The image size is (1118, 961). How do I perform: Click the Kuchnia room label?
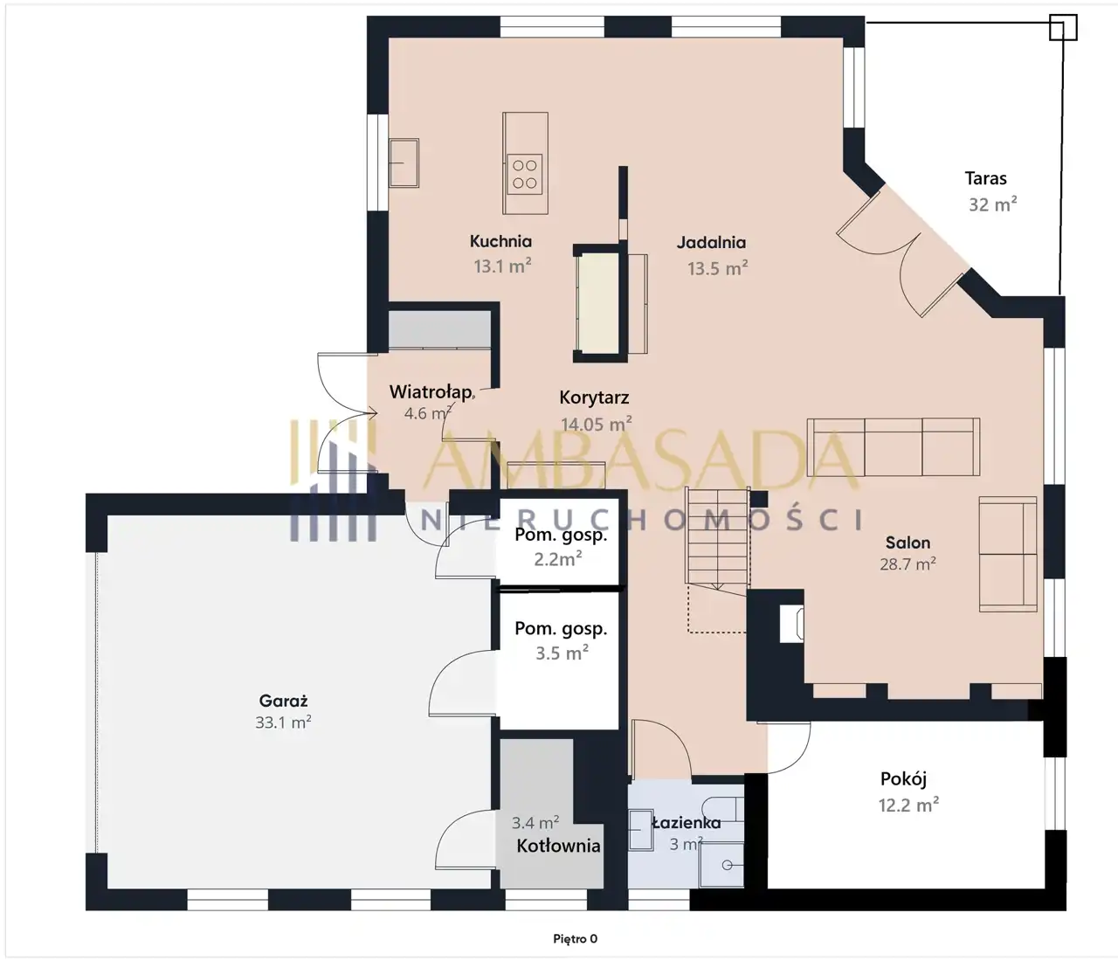(500, 241)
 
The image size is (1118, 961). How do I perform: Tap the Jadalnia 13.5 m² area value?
(717, 268)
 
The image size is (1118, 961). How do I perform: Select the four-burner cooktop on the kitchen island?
(525, 174)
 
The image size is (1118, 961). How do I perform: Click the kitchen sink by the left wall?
(404, 162)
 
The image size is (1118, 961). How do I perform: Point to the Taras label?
(985, 178)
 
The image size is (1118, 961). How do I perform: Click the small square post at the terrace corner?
(1063, 27)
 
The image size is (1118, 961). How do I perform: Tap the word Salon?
(908, 543)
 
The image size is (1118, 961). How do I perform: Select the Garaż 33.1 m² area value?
(283, 722)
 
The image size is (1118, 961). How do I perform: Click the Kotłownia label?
(558, 846)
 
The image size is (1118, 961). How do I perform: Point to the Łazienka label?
(687, 823)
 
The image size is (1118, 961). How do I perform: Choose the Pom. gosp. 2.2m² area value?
(557, 558)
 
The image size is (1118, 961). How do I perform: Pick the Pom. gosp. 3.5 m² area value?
(562, 653)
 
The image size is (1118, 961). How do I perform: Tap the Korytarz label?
(594, 398)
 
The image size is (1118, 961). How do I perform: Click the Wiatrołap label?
(431, 391)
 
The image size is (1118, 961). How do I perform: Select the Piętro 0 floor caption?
(575, 939)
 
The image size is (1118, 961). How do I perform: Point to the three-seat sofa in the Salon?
(893, 447)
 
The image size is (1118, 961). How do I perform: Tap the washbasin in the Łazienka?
(641, 829)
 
